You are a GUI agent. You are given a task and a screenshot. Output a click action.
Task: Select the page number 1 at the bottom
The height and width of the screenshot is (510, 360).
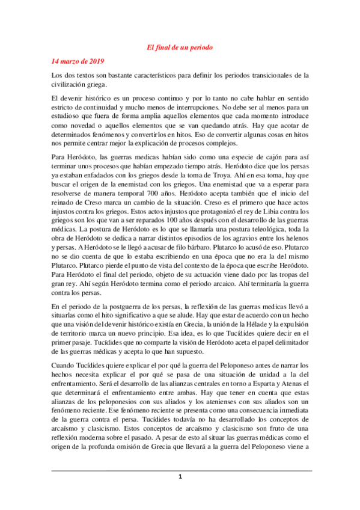pyautogui.click(x=180, y=477)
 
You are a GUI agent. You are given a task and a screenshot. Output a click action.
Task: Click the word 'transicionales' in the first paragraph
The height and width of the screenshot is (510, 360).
pyautogui.click(x=273, y=75)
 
